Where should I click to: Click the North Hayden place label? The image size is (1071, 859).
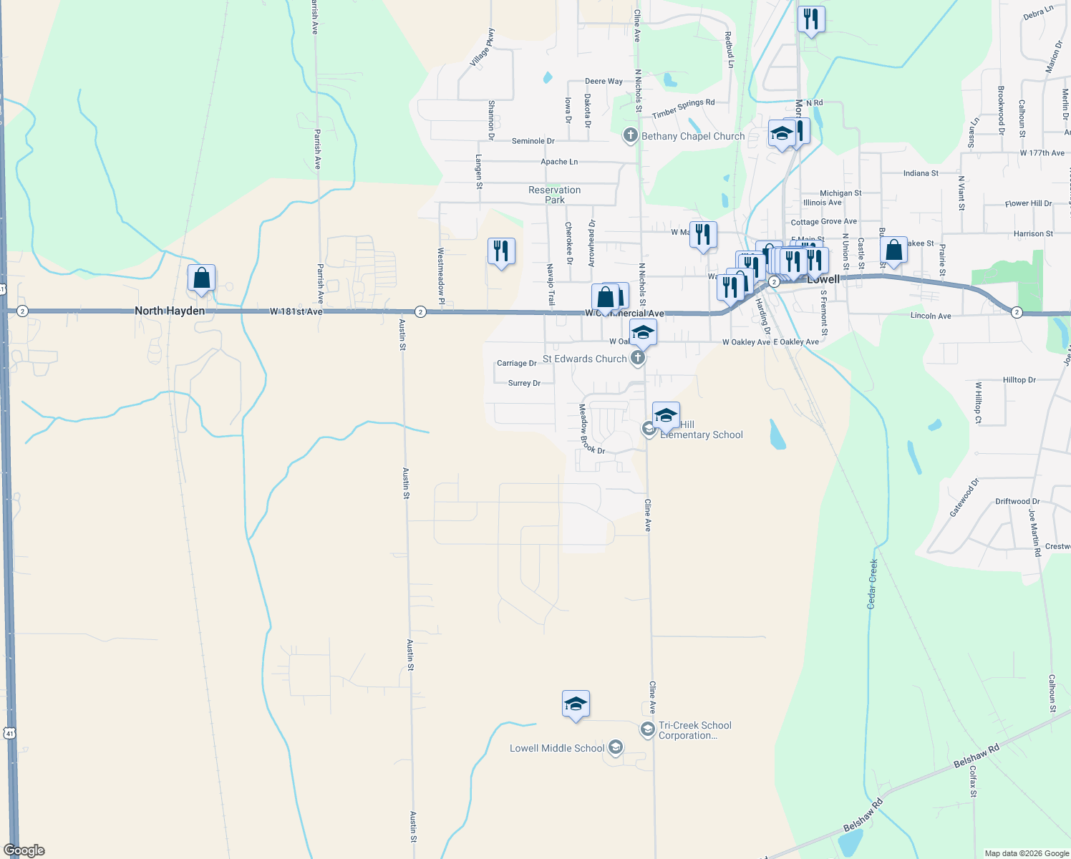point(170,311)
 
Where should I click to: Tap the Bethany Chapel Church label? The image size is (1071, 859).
point(693,136)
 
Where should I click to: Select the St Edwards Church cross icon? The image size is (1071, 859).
point(637,358)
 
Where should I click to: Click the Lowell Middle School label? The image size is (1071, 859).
point(557,748)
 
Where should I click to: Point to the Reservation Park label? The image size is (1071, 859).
point(555,195)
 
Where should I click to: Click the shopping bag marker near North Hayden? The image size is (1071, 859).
point(202,278)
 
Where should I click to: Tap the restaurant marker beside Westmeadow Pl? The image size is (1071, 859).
point(501,251)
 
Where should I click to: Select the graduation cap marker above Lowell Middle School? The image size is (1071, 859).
point(576,704)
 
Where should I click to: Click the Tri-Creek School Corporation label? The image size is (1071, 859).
point(694,730)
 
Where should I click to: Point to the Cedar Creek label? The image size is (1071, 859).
point(873,583)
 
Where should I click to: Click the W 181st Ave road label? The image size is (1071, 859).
point(296,312)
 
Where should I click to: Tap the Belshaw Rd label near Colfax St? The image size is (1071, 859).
point(976,756)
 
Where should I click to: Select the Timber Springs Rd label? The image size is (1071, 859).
point(683,109)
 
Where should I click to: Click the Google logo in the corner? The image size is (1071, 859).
point(24,850)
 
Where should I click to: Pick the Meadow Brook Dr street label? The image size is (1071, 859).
point(591,429)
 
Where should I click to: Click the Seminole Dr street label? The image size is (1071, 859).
point(533,141)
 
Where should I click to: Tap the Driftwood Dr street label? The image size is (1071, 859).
point(1017,501)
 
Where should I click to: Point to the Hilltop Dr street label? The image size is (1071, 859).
point(1019,380)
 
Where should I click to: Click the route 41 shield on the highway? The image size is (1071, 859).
point(9,733)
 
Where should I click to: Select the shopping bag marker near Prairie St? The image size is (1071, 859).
point(893,251)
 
